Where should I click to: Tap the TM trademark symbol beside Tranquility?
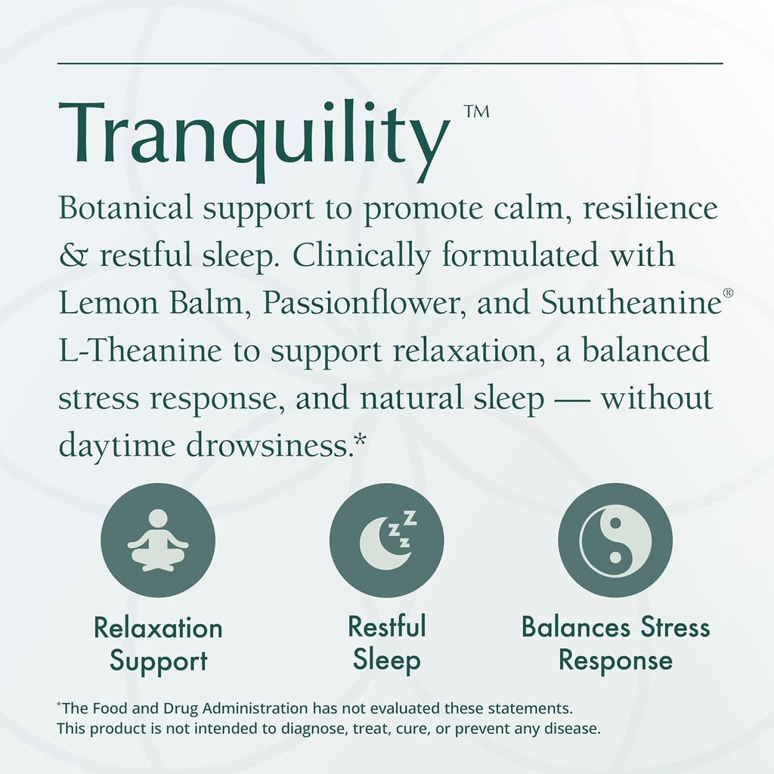coord(476,112)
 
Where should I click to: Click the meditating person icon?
coord(158,540)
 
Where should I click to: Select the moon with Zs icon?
coord(386,540)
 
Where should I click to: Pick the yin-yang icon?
coord(615,540)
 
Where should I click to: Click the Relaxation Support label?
coord(158,643)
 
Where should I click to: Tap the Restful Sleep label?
coord(386,643)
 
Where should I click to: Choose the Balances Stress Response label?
coord(615,643)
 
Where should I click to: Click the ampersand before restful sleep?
coord(73,255)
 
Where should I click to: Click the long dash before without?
coord(571,400)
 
